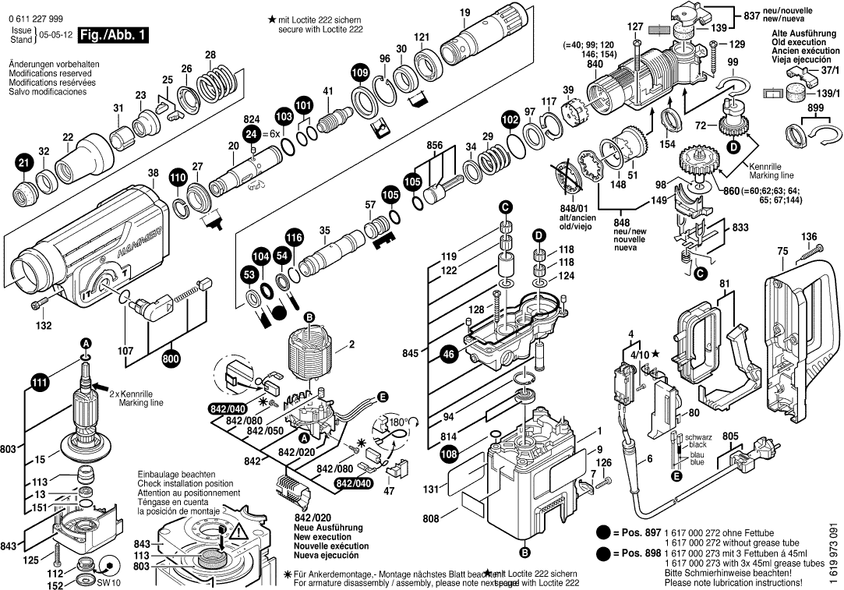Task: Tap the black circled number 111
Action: (38, 381)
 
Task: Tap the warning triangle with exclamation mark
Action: (238, 533)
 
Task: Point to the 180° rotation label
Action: (399, 422)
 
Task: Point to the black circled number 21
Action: (23, 163)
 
